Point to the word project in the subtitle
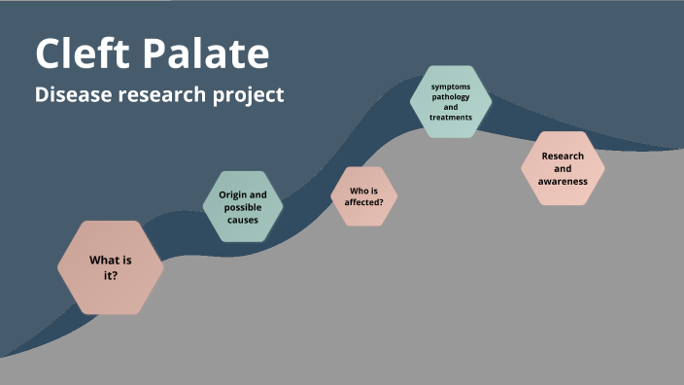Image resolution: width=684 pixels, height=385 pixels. point(250,96)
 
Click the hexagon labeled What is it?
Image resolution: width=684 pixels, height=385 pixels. point(110,267)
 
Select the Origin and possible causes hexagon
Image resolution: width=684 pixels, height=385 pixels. point(242,207)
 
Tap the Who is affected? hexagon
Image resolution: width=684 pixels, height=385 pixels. point(364,196)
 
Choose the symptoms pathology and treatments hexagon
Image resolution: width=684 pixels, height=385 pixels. point(451,101)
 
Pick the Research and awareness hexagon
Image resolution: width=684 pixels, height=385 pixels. point(563,168)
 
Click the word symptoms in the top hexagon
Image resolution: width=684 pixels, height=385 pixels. point(451,87)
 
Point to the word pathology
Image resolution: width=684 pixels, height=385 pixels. point(451,96)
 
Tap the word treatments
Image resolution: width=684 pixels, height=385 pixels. point(451,117)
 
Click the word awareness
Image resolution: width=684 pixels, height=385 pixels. point(563,181)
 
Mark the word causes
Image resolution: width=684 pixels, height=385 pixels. point(242,220)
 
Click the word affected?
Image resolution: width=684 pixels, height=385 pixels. point(364,202)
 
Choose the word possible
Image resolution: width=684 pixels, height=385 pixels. point(242,207)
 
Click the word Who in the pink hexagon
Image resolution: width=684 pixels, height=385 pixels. point(357,191)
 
